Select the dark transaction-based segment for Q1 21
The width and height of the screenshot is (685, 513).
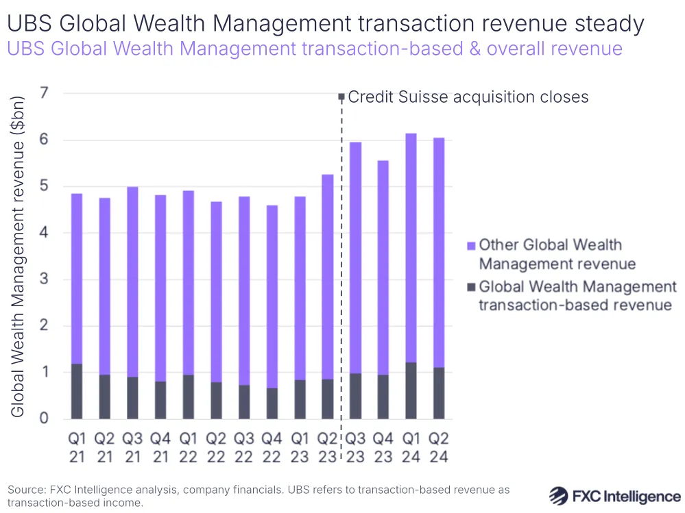click(76, 391)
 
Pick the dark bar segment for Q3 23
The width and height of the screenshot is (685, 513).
click(355, 396)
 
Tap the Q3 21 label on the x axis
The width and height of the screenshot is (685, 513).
click(132, 447)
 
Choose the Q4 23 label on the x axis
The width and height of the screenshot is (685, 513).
click(383, 447)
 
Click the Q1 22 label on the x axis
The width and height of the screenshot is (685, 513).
click(189, 447)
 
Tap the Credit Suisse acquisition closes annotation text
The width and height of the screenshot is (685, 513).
click(468, 97)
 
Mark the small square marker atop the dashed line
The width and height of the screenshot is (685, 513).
click(341, 97)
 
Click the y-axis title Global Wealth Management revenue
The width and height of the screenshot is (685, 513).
click(19, 256)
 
